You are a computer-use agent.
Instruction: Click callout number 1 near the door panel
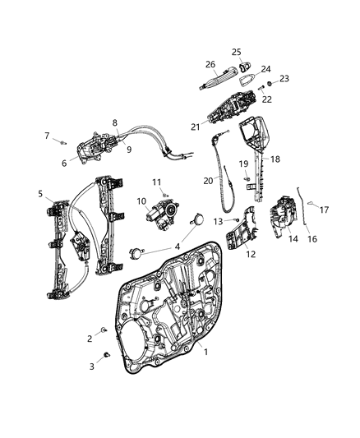(205, 374)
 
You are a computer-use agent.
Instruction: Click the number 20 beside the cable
(209, 179)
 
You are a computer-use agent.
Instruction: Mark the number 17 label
(327, 209)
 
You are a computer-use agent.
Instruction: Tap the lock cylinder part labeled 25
(242, 64)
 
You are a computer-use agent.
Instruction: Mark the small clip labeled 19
(247, 179)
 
